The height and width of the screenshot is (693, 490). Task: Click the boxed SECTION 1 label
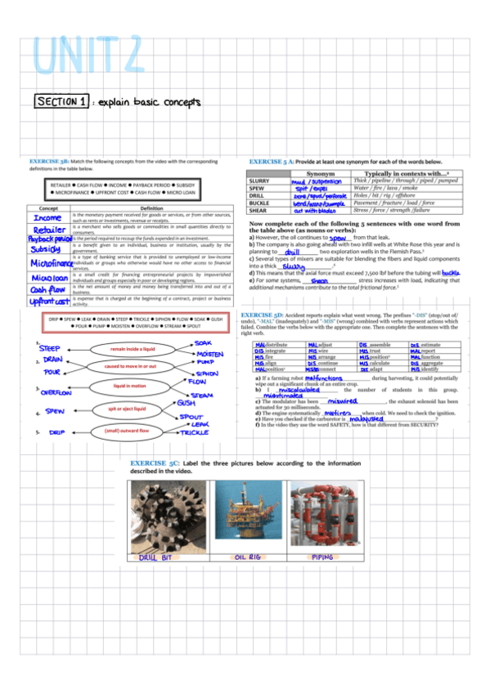[x=62, y=101]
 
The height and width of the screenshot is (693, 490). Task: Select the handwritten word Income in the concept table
[x=47, y=217]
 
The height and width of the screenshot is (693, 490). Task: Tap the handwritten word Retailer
[x=48, y=230]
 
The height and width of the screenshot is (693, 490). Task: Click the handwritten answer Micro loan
[x=48, y=278]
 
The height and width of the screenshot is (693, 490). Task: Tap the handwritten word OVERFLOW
[x=57, y=393]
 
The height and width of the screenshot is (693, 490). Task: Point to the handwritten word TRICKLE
[x=195, y=432]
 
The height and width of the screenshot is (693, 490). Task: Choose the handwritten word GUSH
[x=186, y=404]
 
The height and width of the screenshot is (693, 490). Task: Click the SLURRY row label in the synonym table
[x=259, y=181]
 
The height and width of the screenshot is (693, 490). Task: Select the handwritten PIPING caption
[x=323, y=557]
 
